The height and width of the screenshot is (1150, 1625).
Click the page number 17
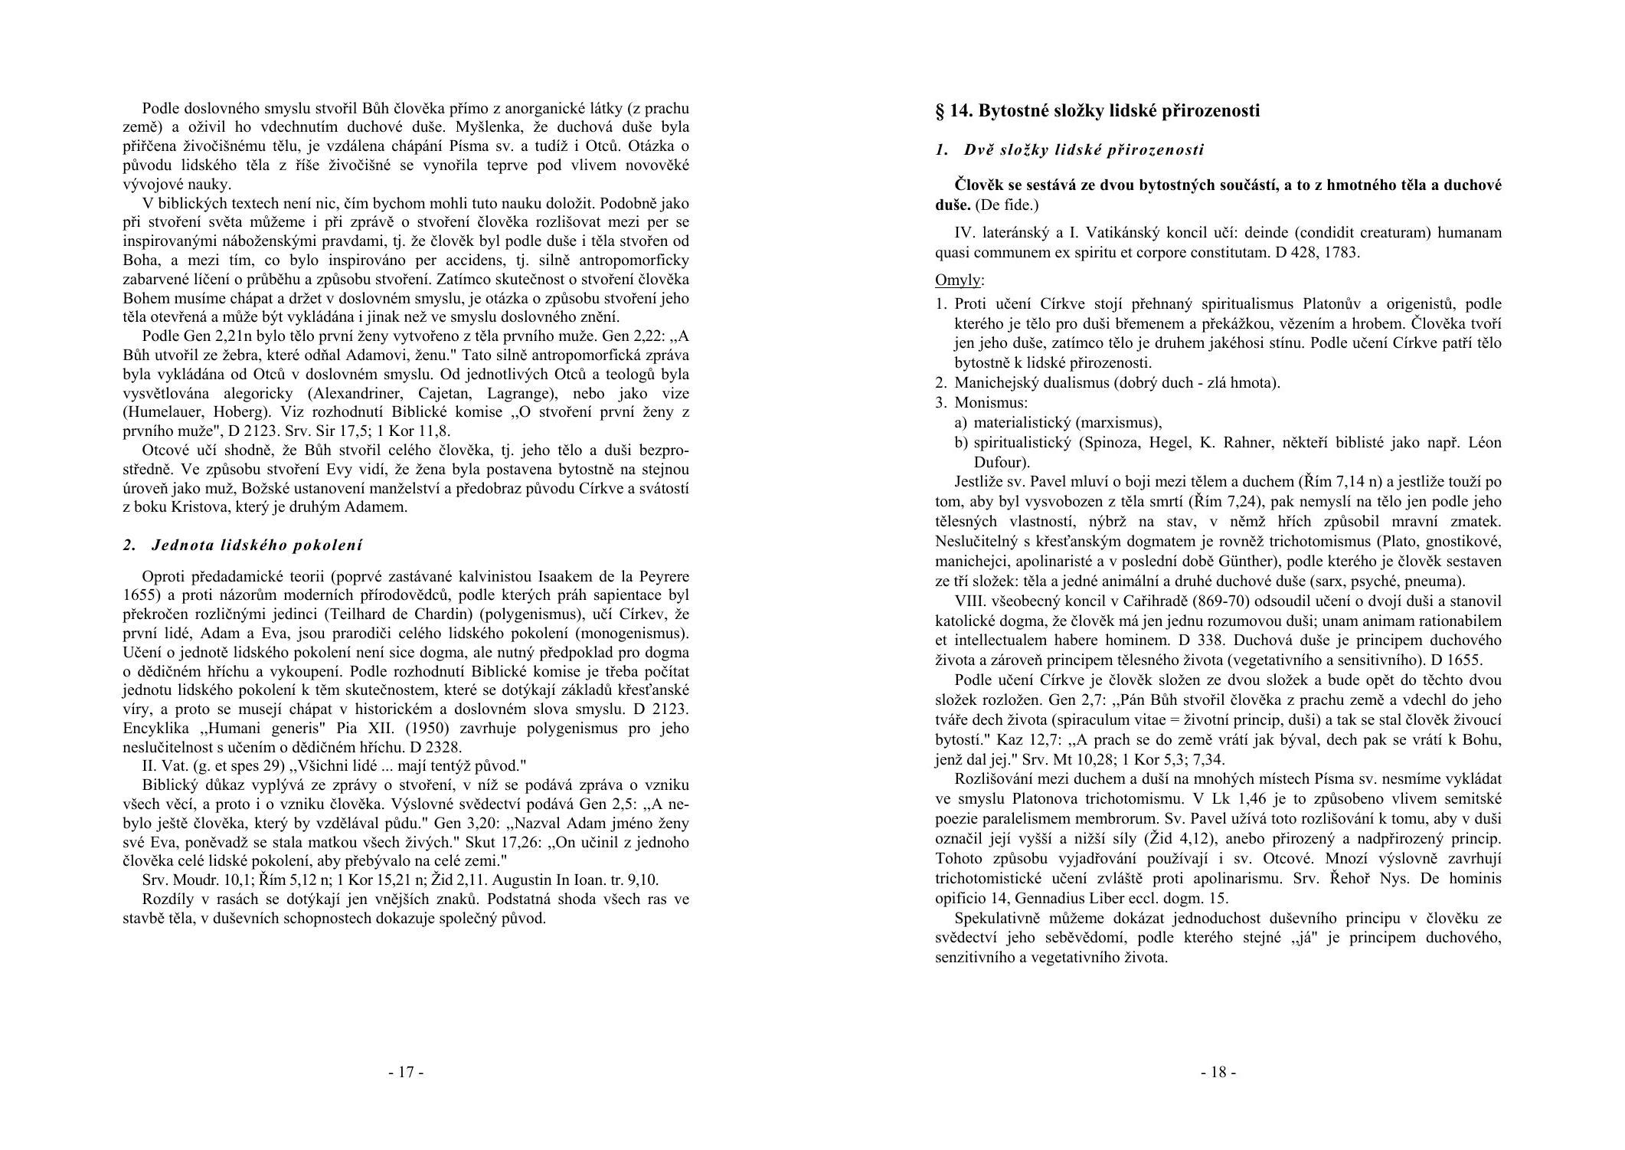point(406,1072)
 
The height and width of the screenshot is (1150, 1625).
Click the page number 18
point(1218,1072)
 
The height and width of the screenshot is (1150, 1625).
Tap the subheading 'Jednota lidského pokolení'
point(257,546)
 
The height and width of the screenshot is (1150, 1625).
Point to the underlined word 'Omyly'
point(958,280)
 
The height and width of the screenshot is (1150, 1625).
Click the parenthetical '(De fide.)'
point(1006,205)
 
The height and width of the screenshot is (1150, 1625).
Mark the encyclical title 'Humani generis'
point(270,728)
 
